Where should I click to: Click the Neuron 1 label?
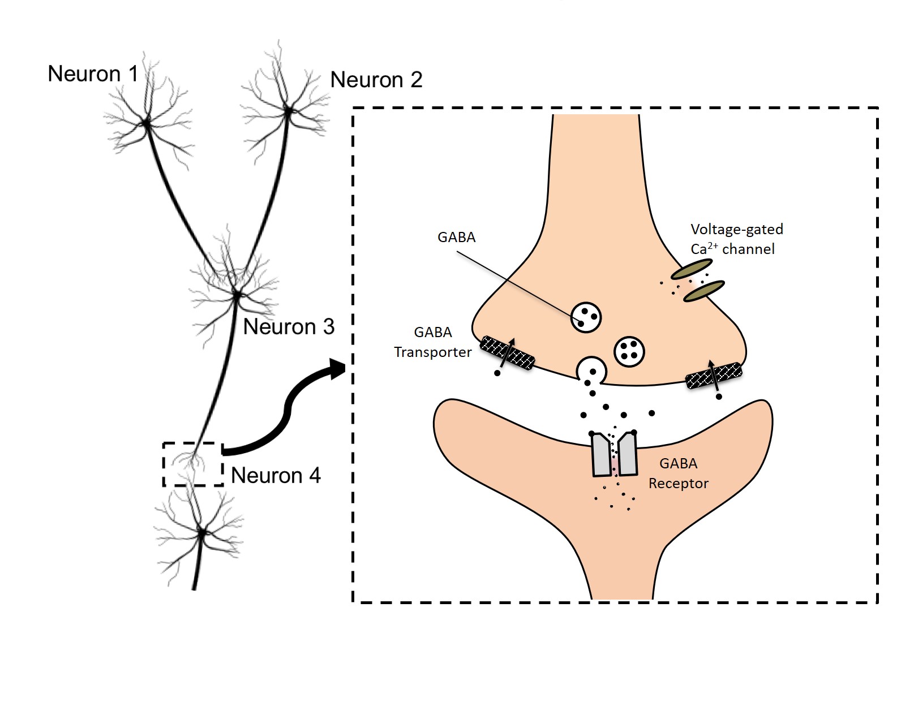click(x=93, y=74)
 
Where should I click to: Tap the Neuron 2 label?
click(x=376, y=80)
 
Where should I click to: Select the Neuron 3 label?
click(x=289, y=326)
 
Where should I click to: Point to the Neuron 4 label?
click(x=276, y=475)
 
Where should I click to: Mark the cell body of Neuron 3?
click(x=237, y=295)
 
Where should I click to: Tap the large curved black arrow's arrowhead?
click(x=338, y=369)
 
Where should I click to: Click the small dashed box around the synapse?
click(x=193, y=464)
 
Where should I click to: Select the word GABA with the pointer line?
click(x=456, y=237)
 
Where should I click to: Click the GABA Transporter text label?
click(x=433, y=342)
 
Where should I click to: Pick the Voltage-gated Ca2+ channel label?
click(x=736, y=239)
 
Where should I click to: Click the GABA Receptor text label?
click(x=678, y=473)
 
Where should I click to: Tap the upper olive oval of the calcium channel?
click(x=691, y=269)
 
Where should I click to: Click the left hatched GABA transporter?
click(x=507, y=353)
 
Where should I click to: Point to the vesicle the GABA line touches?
click(x=586, y=317)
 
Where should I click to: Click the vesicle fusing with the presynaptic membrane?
click(x=592, y=372)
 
